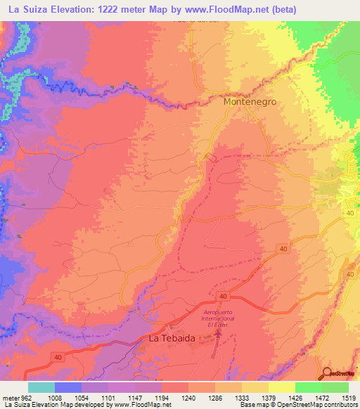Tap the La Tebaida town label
[172, 338]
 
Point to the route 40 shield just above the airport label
[222, 297]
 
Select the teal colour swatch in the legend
[41, 387]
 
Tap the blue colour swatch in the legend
[67, 387]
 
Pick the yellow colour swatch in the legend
[281, 387]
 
